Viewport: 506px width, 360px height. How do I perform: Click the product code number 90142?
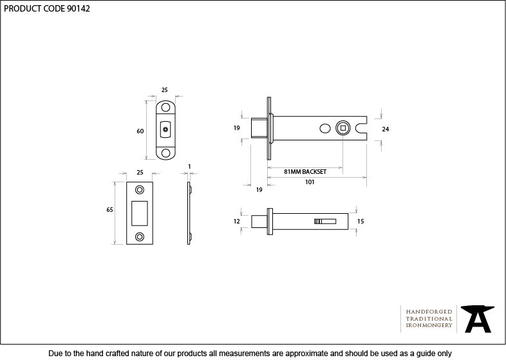[x=78, y=9]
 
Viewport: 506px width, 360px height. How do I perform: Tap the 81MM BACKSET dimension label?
[x=305, y=172]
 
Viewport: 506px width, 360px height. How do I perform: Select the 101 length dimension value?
[x=310, y=182]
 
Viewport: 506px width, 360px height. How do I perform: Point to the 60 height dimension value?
[x=140, y=131]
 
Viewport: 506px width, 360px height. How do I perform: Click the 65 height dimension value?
[x=109, y=210]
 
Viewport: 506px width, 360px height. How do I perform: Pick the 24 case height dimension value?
[x=386, y=129]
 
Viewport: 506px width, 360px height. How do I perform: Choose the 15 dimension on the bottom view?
[x=361, y=221]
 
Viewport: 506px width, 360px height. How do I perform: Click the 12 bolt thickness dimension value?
[x=237, y=221]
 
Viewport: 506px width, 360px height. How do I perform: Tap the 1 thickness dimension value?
[x=189, y=167]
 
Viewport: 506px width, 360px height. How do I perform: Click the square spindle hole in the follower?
[x=343, y=128]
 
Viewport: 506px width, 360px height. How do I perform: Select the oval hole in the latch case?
[x=325, y=128]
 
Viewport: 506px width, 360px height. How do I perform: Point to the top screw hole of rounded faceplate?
[x=165, y=107]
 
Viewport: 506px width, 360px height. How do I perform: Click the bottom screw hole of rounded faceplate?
[x=165, y=153]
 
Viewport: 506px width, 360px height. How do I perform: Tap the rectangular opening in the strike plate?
[x=140, y=213]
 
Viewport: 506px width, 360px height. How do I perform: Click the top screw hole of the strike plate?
[x=140, y=189]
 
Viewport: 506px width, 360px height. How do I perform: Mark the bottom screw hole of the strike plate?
[x=140, y=236]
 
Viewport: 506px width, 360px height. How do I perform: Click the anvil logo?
[x=477, y=319]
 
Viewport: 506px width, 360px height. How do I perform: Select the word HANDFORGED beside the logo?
[x=429, y=312]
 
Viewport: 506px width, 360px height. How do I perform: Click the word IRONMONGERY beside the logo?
[x=429, y=325]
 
